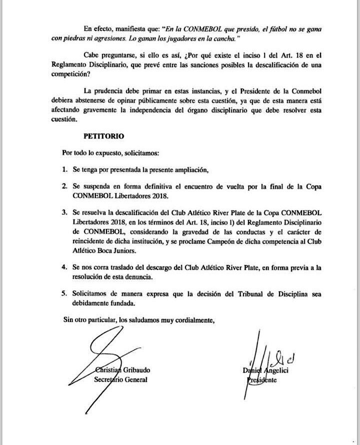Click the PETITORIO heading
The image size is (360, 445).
point(103,135)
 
